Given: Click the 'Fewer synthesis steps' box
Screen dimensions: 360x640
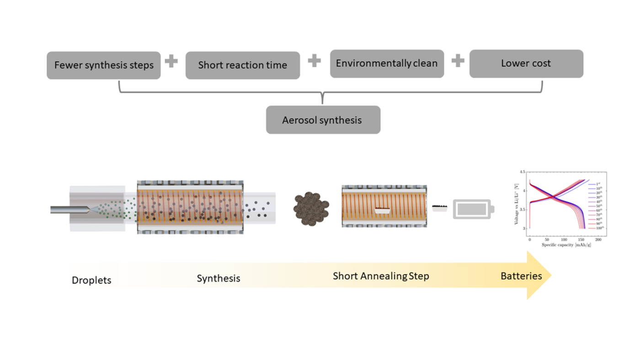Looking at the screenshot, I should click(104, 65).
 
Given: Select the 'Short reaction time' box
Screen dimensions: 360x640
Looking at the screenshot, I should click(243, 65).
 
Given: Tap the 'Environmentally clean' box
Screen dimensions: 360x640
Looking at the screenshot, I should click(387, 64).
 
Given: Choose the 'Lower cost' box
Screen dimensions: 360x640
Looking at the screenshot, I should click(526, 64).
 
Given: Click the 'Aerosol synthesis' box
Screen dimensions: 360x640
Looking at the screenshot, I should click(323, 120).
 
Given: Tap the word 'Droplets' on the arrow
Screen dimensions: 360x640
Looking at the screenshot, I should click(91, 280).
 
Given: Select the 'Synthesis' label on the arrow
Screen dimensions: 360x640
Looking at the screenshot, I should click(218, 278).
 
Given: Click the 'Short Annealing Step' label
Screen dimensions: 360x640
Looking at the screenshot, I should click(381, 276).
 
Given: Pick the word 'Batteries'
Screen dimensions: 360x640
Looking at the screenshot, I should click(521, 276).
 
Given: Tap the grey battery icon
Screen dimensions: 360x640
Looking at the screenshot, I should click(471, 209).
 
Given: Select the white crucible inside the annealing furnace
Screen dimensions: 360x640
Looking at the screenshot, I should click(382, 211).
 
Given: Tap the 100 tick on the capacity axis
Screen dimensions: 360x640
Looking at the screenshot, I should click(564, 239).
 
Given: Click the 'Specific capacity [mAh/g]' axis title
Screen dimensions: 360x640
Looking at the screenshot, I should click(565, 245).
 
